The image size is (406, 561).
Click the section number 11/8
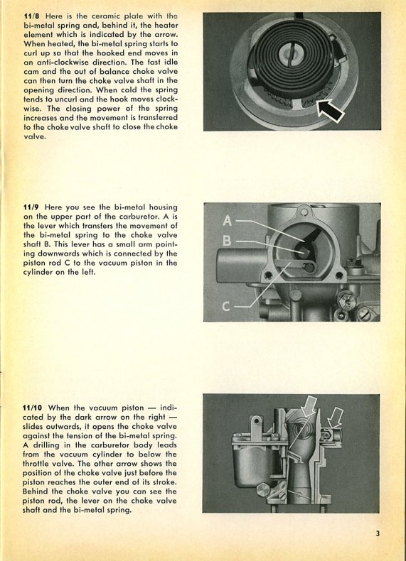31,16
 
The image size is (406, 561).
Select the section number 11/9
31,207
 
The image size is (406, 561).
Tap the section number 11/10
33,408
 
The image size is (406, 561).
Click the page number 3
378,534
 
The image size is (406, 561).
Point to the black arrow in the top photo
330,111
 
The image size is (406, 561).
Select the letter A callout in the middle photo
228,220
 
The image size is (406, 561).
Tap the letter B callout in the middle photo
227,241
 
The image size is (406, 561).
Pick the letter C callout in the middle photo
227,306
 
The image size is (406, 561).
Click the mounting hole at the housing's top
304,212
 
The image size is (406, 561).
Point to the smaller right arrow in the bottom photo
335,418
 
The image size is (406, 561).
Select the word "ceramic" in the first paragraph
105,16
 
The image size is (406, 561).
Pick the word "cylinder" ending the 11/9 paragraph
38,272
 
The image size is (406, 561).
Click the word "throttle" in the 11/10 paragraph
36,464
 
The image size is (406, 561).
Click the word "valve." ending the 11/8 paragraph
35,136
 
